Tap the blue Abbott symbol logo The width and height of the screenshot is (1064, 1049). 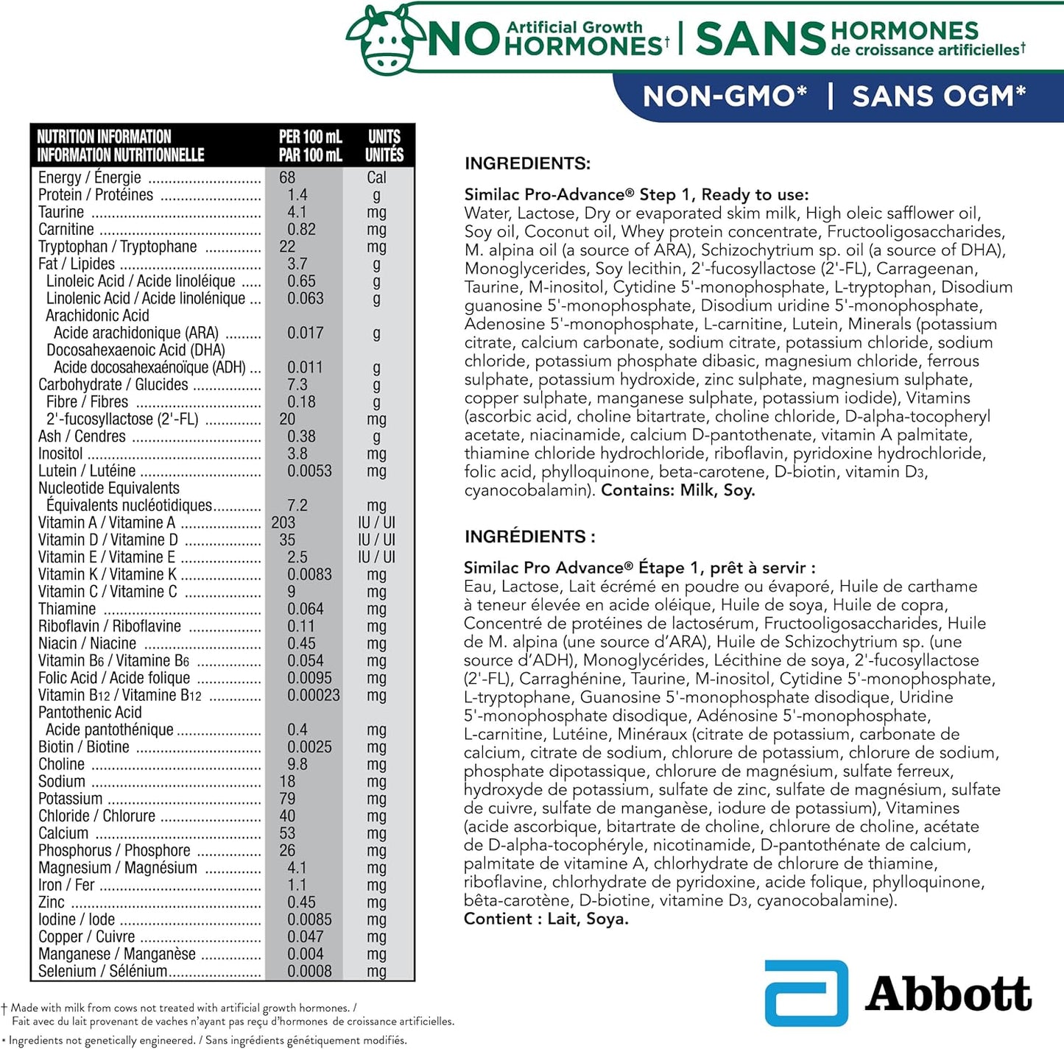[x=806, y=993]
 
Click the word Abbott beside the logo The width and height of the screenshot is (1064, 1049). [x=948, y=995]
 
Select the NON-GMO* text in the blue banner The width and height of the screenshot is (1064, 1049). [x=725, y=96]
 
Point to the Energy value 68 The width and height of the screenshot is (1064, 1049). [x=287, y=177]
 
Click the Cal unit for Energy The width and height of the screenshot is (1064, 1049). [x=376, y=177]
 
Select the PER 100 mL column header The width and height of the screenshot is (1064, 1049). [x=310, y=146]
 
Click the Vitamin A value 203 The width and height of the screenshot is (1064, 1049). [x=283, y=523]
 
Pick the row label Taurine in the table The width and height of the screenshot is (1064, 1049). [x=61, y=212]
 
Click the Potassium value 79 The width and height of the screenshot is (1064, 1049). [x=287, y=799]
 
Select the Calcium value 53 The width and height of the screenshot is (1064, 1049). [x=287, y=833]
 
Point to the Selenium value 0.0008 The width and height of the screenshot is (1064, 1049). [x=309, y=971]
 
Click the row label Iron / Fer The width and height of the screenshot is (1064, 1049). [x=66, y=885]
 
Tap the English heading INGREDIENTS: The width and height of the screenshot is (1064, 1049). [x=527, y=163]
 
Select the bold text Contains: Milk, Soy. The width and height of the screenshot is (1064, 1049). [x=678, y=490]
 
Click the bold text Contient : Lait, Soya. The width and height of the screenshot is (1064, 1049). [x=546, y=919]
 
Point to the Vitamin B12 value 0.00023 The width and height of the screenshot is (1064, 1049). [x=314, y=695]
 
